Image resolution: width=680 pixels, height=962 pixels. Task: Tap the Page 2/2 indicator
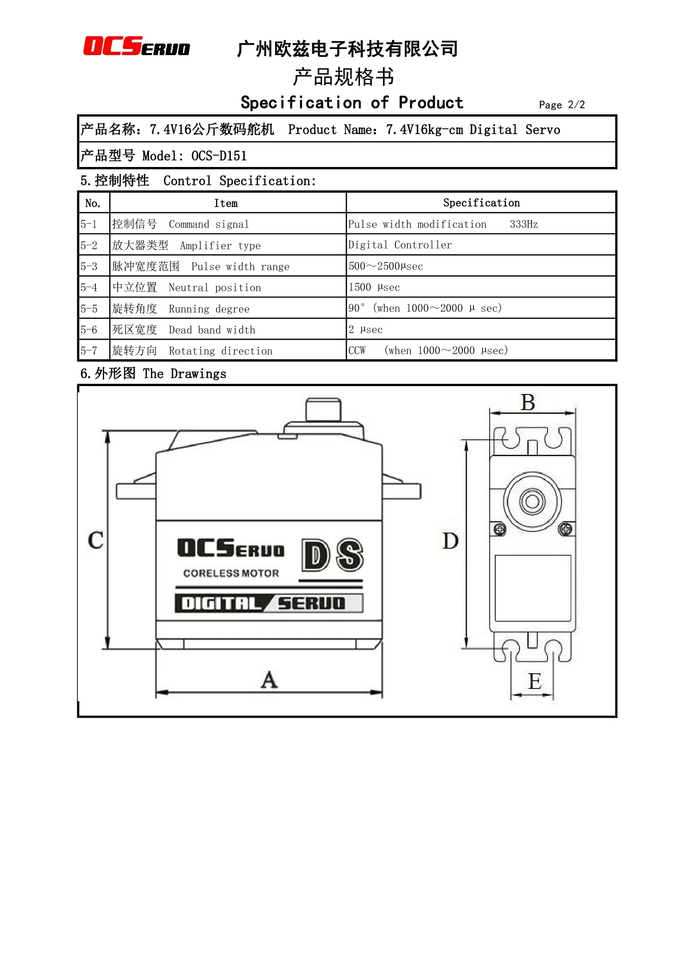click(x=562, y=105)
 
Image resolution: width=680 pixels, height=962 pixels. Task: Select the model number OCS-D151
click(x=219, y=156)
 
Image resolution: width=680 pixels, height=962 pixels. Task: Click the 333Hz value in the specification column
click(x=524, y=224)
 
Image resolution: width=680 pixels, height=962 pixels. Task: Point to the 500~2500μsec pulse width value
click(x=386, y=266)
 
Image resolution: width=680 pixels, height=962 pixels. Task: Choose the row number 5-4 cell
click(x=89, y=287)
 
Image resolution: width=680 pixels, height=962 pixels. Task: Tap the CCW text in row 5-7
click(x=357, y=350)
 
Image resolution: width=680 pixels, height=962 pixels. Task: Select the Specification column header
click(x=481, y=203)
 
